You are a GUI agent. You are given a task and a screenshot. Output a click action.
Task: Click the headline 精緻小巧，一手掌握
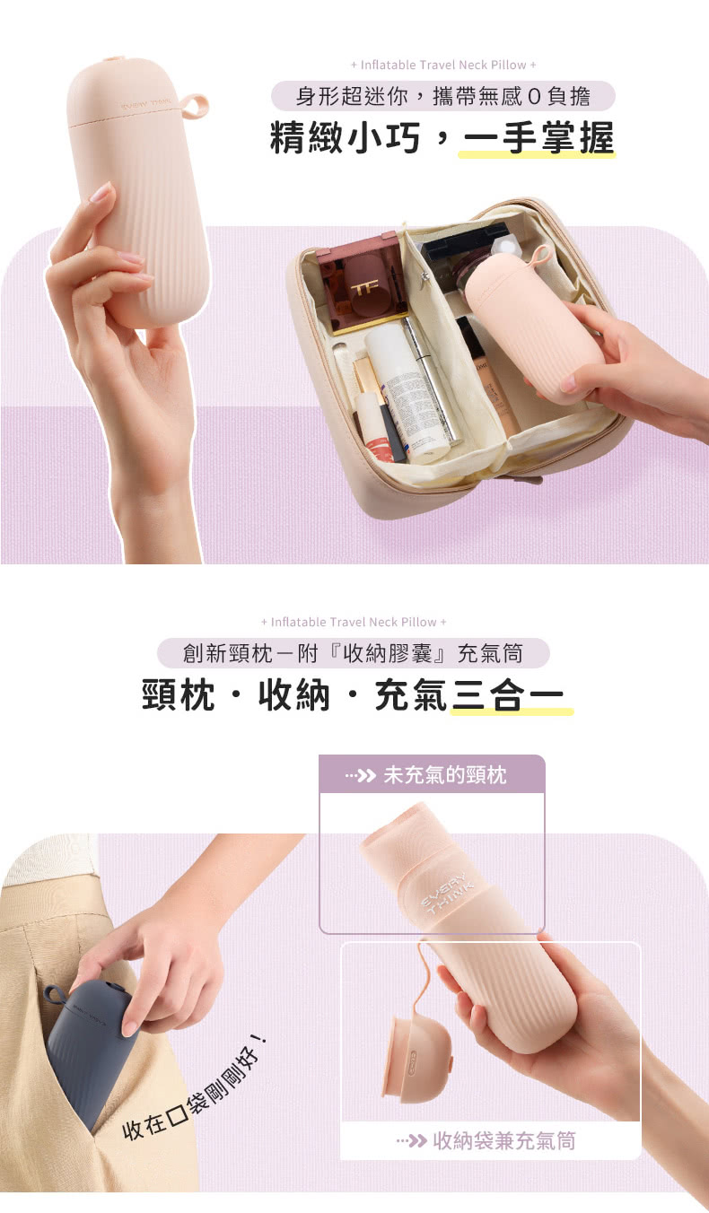(x=442, y=138)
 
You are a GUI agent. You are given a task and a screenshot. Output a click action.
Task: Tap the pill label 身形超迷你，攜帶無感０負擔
(x=442, y=96)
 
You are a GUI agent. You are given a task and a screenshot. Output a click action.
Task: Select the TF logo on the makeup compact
(x=363, y=289)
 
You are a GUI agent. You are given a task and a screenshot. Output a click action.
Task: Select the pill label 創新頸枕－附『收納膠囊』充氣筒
(x=353, y=652)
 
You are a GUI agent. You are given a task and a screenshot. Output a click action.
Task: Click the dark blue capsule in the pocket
(x=90, y=1054)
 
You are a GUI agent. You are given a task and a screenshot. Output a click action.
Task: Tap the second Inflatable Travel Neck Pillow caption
(x=354, y=622)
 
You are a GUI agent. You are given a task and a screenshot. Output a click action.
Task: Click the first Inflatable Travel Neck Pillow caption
(x=442, y=65)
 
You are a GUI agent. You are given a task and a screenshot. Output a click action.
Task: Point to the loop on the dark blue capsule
(x=55, y=994)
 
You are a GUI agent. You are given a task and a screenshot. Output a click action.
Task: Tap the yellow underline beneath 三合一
(x=512, y=711)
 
